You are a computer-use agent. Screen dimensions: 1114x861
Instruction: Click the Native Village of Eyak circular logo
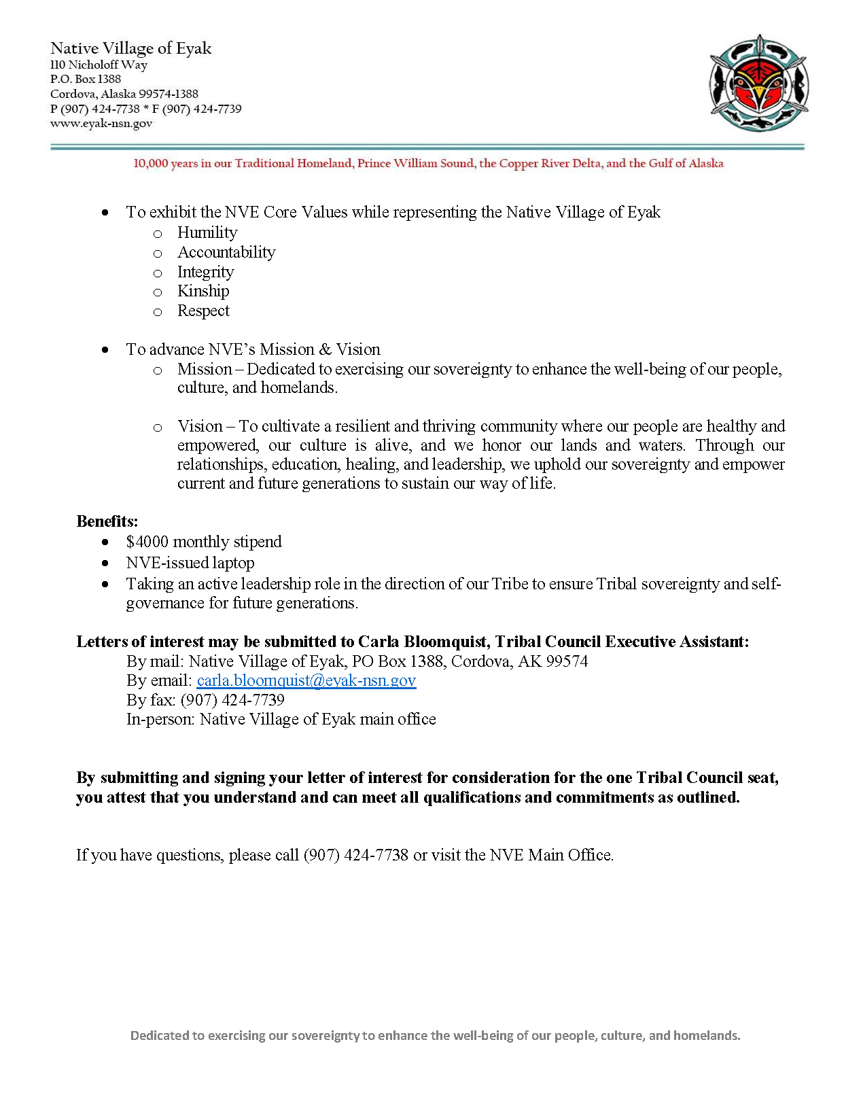(x=758, y=83)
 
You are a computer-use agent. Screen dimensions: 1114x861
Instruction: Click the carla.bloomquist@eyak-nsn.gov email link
(x=306, y=680)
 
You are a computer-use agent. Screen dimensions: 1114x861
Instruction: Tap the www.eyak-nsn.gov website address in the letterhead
(x=101, y=124)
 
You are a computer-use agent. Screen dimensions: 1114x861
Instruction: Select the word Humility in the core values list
(x=207, y=232)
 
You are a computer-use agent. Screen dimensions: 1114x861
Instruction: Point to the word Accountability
(x=226, y=252)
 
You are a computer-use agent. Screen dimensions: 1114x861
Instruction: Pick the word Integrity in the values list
(x=205, y=272)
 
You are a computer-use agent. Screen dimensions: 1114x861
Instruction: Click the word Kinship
(x=203, y=291)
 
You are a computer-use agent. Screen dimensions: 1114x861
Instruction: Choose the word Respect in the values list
(x=203, y=311)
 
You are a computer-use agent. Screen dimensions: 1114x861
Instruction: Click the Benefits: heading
(x=107, y=521)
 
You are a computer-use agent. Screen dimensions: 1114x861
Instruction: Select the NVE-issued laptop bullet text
(x=190, y=563)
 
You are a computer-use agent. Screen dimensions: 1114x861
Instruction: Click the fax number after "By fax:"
(x=232, y=700)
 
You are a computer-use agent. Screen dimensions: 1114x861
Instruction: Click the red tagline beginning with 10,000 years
(x=428, y=163)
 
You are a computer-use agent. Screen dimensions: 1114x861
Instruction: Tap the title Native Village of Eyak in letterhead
(x=131, y=48)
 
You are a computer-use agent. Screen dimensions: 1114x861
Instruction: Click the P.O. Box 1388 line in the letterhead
(x=86, y=79)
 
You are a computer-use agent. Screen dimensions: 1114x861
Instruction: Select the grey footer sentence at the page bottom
(x=435, y=1035)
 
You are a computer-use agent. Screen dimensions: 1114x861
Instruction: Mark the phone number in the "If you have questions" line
(x=356, y=855)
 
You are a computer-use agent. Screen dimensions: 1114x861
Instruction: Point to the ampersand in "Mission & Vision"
(x=325, y=349)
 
